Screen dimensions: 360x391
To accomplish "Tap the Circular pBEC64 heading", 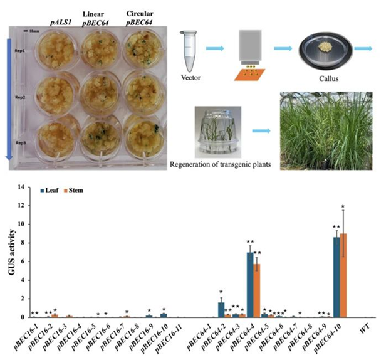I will coord(140,17).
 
